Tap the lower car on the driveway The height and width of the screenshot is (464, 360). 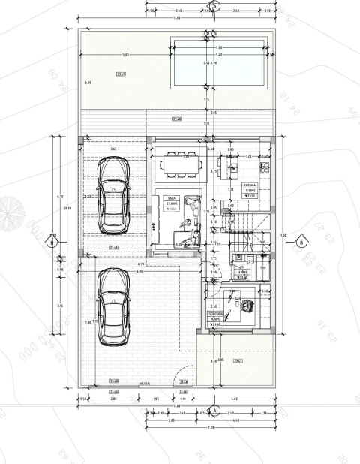(113, 308)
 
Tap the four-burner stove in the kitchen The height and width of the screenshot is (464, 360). (265, 165)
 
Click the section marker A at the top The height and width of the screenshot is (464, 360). (214, 5)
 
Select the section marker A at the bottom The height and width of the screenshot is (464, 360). (214, 411)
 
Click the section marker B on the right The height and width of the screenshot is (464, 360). (301, 242)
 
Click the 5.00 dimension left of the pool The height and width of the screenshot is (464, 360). (126, 55)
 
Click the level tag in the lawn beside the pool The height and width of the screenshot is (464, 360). (120, 74)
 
